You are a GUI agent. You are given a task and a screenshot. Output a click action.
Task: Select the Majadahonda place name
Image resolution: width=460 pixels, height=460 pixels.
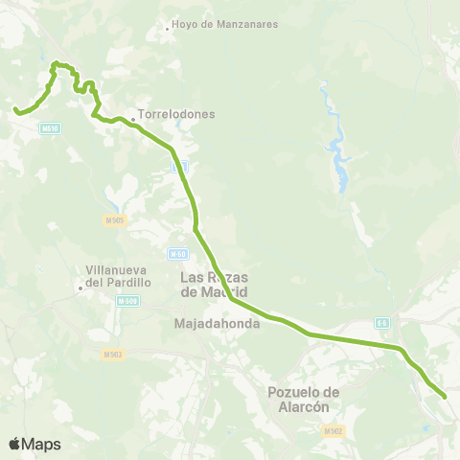(x=212, y=324)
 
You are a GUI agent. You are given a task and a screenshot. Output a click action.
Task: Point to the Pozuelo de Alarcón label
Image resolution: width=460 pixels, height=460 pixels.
(x=304, y=399)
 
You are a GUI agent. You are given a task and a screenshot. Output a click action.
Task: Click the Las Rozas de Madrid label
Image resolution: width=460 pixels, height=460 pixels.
(x=215, y=285)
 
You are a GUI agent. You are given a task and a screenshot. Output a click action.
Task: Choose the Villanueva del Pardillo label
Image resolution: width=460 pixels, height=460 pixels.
(x=120, y=277)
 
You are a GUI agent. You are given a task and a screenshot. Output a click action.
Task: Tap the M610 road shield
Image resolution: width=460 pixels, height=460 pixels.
(x=51, y=127)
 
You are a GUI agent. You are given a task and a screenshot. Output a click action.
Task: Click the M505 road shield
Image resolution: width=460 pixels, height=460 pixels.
(x=114, y=220)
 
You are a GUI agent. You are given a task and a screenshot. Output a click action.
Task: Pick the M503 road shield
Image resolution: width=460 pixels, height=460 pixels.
(x=113, y=355)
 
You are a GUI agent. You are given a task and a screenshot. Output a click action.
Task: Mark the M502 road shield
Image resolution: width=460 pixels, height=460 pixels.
(x=333, y=432)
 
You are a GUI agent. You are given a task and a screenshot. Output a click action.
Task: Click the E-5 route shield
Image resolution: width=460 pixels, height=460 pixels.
(x=382, y=323)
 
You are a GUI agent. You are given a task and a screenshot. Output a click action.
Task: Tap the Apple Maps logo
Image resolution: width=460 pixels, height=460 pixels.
(x=34, y=444)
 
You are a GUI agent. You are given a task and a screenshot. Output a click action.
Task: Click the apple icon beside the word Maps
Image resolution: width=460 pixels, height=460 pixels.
(x=15, y=443)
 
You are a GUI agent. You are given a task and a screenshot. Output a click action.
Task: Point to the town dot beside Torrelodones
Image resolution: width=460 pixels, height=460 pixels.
(x=133, y=120)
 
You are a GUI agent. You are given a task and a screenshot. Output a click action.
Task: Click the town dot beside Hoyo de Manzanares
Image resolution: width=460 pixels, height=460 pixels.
(x=167, y=27)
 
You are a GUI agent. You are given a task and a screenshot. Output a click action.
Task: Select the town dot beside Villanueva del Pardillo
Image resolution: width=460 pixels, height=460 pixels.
(x=80, y=286)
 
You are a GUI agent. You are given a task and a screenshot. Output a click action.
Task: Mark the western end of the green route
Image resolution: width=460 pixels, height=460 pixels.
(x=15, y=111)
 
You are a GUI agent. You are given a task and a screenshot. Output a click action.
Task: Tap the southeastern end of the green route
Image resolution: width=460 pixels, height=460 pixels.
(x=445, y=396)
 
